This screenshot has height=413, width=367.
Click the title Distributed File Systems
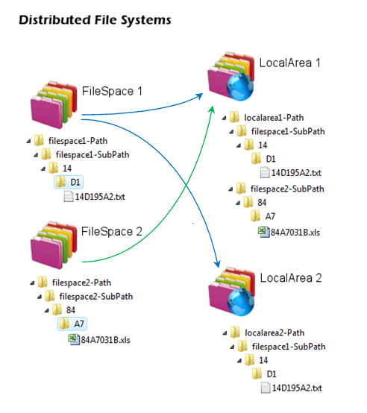click(95, 20)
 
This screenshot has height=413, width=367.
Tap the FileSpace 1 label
click(112, 91)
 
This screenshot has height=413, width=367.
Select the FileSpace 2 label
click(112, 232)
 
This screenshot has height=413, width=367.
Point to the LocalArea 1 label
click(290, 63)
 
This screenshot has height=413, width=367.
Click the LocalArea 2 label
click(291, 278)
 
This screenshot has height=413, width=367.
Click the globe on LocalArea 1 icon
click(240, 86)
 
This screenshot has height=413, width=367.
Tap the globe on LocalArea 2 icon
click(240, 302)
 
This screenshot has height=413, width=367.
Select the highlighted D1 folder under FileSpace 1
click(69, 182)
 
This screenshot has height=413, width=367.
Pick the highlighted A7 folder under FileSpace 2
click(72, 324)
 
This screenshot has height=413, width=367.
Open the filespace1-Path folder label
click(78, 141)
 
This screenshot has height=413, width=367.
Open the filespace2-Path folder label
click(81, 283)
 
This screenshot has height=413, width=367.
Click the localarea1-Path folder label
click(274, 118)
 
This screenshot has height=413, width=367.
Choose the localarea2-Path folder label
click(275, 333)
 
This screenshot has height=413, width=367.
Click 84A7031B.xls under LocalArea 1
click(295, 233)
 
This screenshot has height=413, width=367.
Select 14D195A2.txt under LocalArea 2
click(297, 388)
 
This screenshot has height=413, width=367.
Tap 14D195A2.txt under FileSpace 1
click(100, 197)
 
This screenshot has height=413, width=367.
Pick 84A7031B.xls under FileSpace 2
click(105, 340)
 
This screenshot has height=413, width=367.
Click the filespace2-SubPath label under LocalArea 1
click(287, 189)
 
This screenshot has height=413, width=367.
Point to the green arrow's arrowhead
click(211, 110)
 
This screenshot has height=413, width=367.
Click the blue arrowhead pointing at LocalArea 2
click(217, 263)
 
